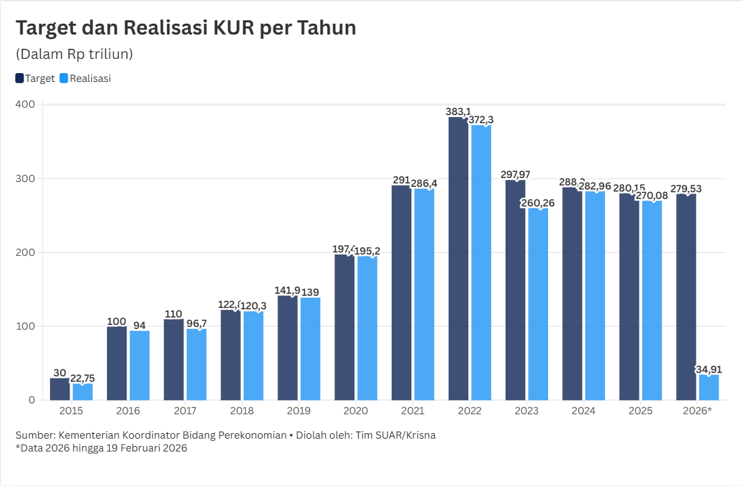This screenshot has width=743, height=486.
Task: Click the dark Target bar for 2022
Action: (458, 259)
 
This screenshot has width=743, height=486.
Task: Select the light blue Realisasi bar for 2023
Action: (538, 304)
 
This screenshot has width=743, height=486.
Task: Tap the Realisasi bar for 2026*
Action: (708, 387)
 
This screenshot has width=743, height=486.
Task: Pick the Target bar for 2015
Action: (60, 389)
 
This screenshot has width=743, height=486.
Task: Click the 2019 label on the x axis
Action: (298, 411)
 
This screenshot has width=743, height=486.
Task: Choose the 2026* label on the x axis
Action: (698, 411)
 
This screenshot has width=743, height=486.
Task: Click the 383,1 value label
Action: (458, 111)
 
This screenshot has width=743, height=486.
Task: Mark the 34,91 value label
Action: (709, 369)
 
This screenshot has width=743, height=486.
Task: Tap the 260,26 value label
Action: (538, 203)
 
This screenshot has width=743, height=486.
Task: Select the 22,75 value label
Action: (83, 378)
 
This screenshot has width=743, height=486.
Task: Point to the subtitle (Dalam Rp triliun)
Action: (74, 54)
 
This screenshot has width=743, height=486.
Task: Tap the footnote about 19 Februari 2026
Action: (101, 447)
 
